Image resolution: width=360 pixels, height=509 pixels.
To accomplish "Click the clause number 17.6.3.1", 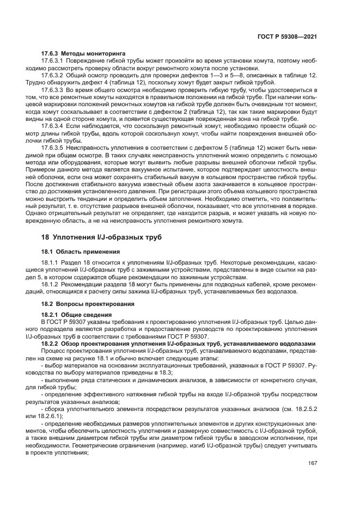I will pos(53,61).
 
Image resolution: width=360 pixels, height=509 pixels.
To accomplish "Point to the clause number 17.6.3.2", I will pos(53,75).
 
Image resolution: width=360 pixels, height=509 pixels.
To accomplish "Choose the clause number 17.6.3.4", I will pos(53,125).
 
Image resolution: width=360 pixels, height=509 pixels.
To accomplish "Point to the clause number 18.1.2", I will pos(50,284).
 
